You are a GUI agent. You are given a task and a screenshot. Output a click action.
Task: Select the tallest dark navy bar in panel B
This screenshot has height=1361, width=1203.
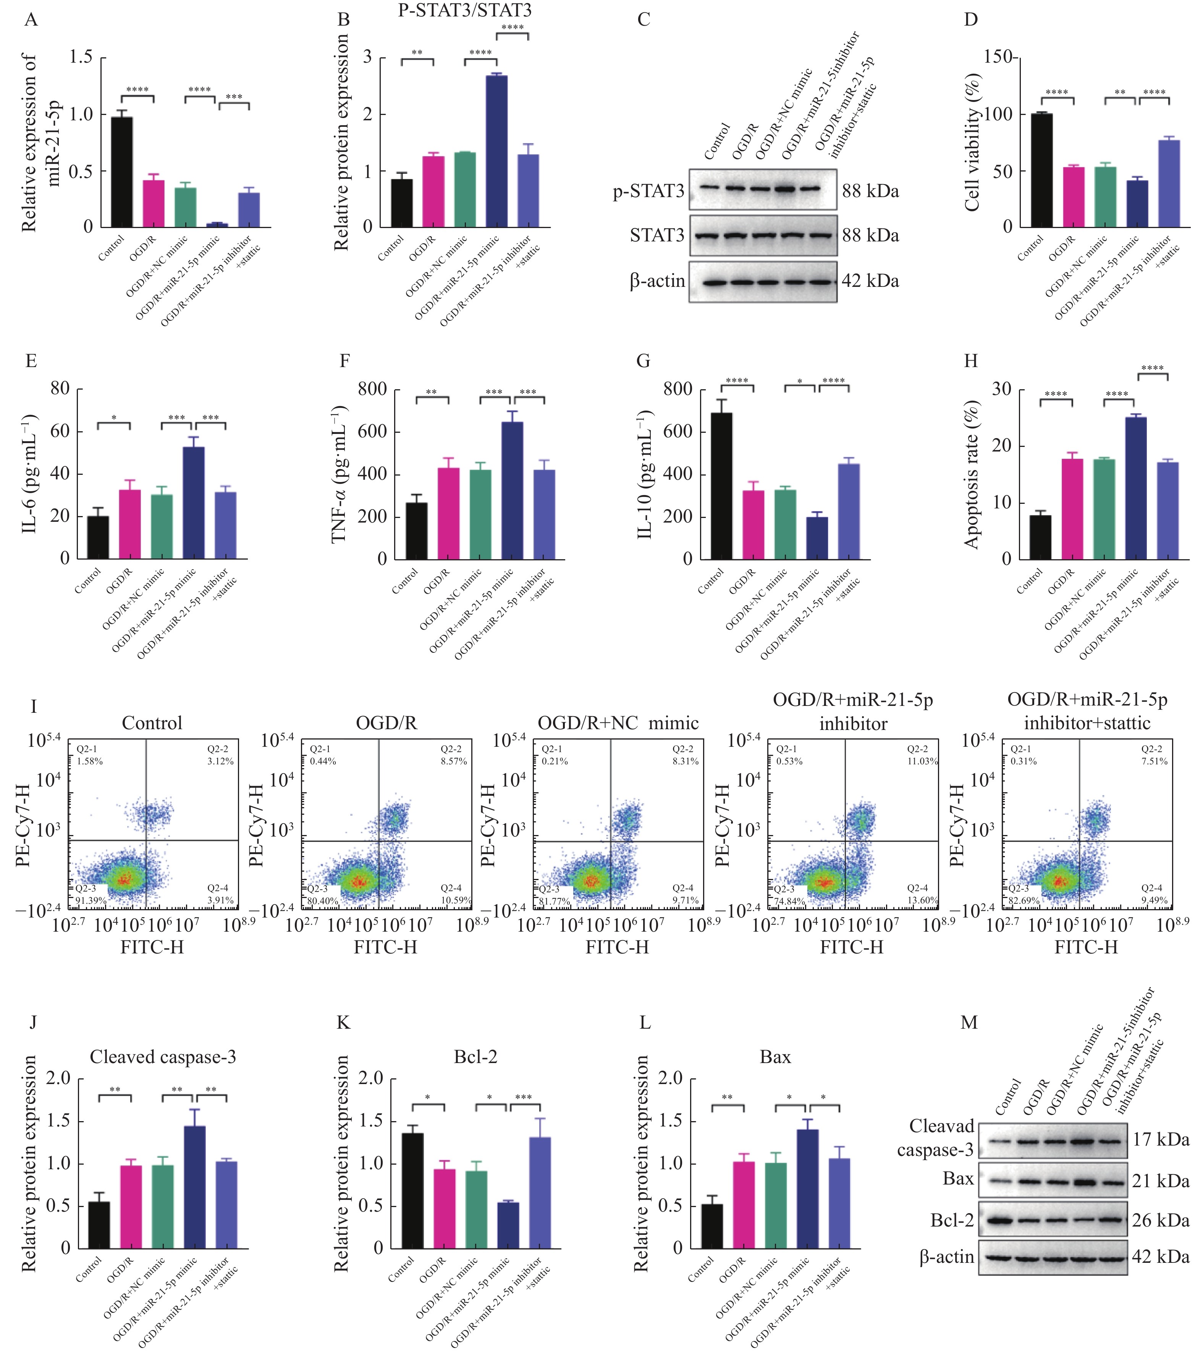tap(496, 151)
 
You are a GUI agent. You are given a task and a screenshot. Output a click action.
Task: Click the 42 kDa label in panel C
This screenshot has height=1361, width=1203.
tap(870, 281)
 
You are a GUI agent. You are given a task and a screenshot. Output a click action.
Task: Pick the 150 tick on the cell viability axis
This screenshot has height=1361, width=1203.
tap(997, 57)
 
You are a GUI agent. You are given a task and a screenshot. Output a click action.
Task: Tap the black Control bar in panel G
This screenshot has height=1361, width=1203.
tap(721, 485)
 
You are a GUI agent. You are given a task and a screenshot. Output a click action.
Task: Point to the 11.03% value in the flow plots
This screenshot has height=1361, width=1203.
tap(922, 761)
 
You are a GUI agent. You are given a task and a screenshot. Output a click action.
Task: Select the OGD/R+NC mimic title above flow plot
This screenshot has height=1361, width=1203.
tap(618, 723)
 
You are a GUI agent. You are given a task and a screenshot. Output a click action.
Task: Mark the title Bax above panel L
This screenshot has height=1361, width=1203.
tap(775, 1057)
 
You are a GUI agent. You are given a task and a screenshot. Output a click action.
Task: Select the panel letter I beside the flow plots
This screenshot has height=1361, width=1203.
tap(33, 706)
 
